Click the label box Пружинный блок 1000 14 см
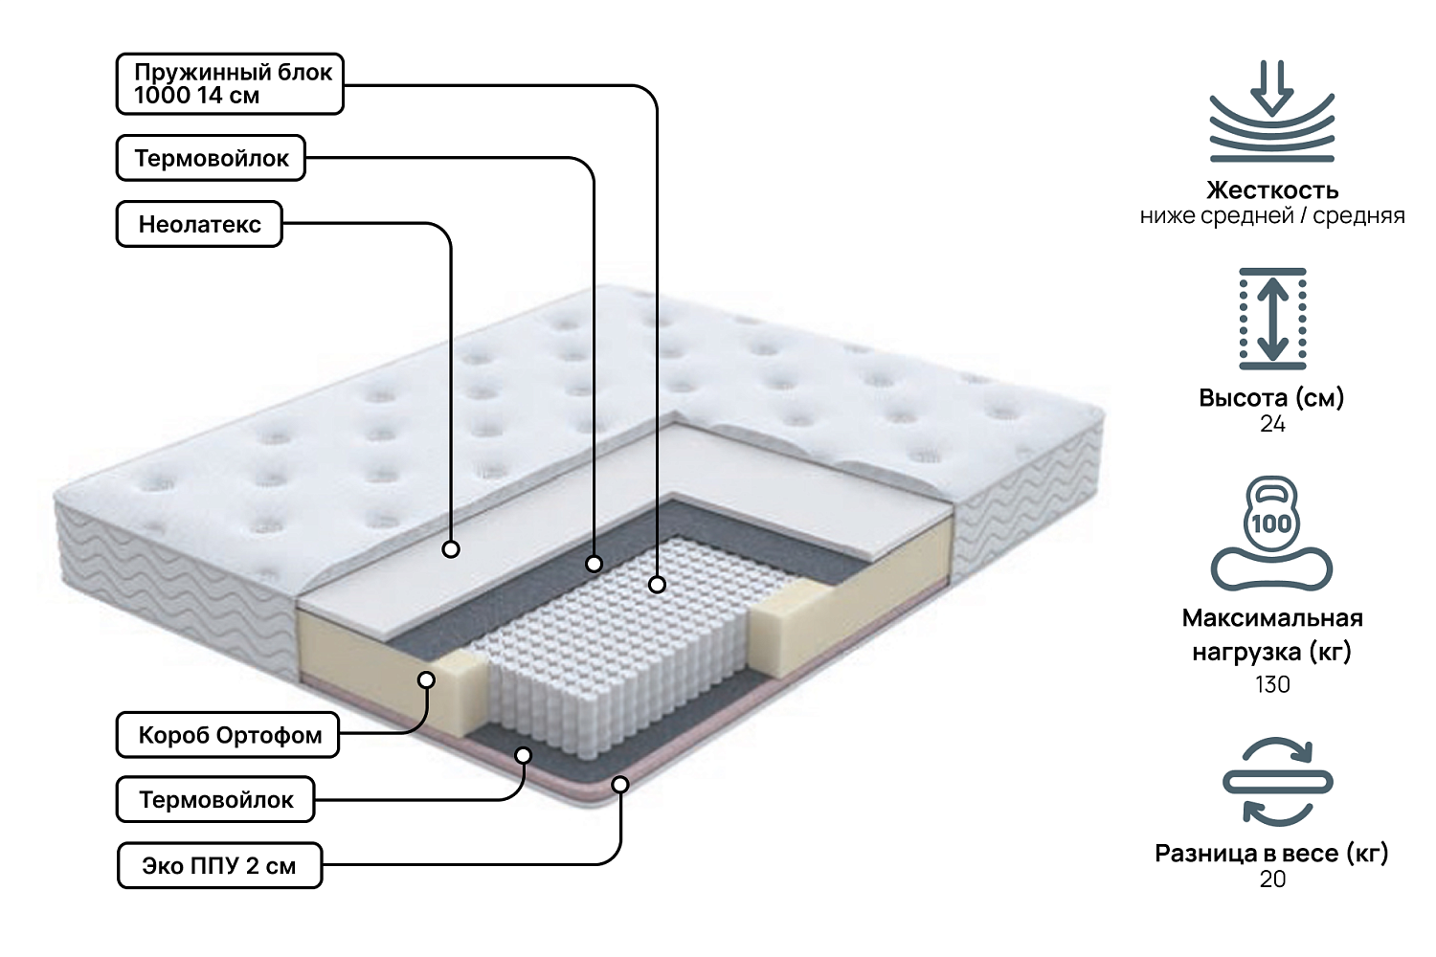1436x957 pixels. pyautogui.click(x=230, y=84)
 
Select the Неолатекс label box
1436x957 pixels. pyautogui.click(x=199, y=224)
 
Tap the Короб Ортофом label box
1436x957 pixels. pyautogui.click(x=228, y=735)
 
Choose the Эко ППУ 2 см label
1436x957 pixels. pyautogui.click(x=219, y=865)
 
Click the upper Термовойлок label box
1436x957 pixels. pyautogui.click(x=211, y=158)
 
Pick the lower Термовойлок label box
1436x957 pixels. pyautogui.click(x=215, y=799)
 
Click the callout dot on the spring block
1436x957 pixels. pyautogui.click(x=657, y=584)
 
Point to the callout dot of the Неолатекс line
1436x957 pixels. pyautogui.click(x=451, y=549)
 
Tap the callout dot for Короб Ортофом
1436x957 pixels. pyautogui.click(x=427, y=679)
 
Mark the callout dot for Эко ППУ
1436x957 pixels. pyautogui.click(x=620, y=785)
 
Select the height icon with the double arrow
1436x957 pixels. pyautogui.click(x=1272, y=319)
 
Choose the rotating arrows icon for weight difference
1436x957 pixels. pyautogui.click(x=1277, y=782)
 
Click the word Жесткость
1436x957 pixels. pyautogui.click(x=1272, y=189)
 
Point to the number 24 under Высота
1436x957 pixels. pyautogui.click(x=1272, y=424)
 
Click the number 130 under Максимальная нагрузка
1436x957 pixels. pyautogui.click(x=1272, y=684)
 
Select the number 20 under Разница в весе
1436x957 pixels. pyautogui.click(x=1272, y=879)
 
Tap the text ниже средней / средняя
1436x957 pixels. pyautogui.click(x=1272, y=215)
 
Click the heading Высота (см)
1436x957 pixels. pyautogui.click(x=1271, y=397)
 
